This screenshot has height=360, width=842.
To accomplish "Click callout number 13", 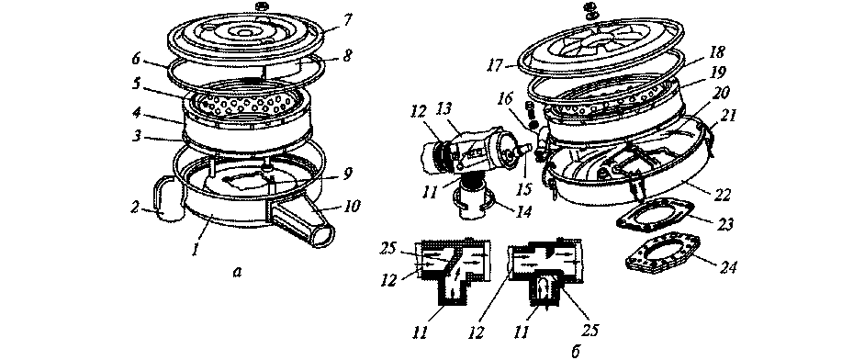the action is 457,111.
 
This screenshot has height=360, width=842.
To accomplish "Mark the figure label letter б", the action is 575,351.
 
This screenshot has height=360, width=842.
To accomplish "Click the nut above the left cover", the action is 248,7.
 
